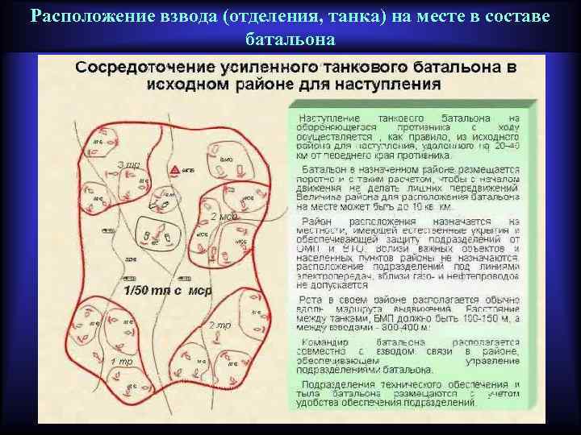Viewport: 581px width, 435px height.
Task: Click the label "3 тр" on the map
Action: (x=129, y=165)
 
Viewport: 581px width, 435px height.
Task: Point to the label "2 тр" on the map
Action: (x=219, y=325)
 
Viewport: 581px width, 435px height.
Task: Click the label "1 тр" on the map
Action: (x=122, y=361)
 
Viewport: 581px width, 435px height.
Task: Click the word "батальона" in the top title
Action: (x=288, y=39)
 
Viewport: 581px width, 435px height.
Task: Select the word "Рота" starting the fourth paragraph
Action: (x=312, y=297)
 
